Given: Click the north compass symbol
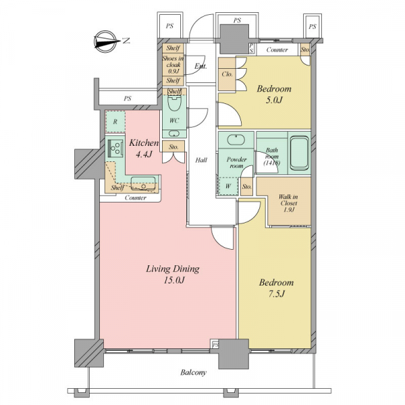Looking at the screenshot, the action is click(105, 42).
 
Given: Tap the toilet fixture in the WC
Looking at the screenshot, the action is click(174, 103).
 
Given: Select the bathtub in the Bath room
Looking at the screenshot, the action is click(299, 153).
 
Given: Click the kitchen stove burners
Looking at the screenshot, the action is click(115, 148).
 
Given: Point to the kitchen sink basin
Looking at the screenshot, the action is click(143, 184).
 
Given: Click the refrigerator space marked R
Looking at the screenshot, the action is click(115, 122).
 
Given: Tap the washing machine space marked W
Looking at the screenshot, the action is click(228, 186).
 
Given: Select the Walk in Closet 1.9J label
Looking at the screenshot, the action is click(288, 203).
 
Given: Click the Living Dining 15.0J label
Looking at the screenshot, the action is click(173, 274).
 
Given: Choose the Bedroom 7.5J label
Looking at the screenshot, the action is click(276, 288).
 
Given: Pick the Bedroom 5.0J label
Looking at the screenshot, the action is click(274, 94).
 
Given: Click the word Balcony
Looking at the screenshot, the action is click(194, 373).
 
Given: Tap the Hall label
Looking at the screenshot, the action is click(201, 160).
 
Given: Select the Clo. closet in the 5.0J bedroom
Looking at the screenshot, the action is click(227, 74).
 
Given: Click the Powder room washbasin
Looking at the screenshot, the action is click(236, 140).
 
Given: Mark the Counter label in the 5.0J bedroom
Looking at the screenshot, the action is click(277, 49).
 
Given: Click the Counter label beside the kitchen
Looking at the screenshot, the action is click(136, 198).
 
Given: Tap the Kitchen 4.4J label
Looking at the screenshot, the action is click(144, 148).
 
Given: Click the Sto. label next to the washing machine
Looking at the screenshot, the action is click(247, 186).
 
